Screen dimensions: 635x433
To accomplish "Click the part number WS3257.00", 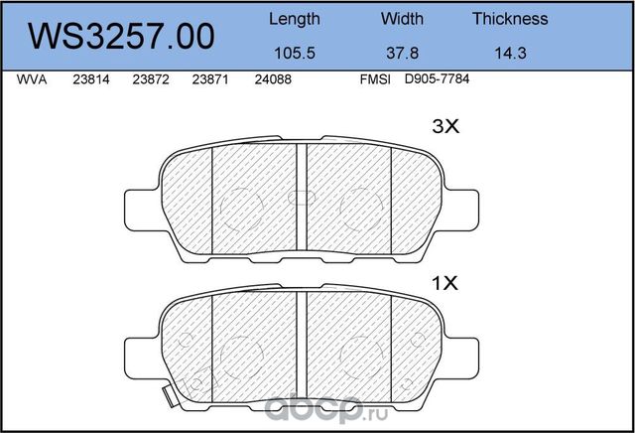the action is click(x=121, y=37).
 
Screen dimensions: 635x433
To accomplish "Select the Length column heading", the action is click(x=295, y=20).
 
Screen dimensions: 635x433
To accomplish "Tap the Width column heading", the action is click(x=402, y=19).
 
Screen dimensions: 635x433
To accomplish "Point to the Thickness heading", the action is click(x=510, y=19).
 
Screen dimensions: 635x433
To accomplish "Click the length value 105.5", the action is click(x=295, y=53).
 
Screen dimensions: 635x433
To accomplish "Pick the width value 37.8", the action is click(x=402, y=53).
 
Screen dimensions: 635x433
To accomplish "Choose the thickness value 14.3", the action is click(x=511, y=53).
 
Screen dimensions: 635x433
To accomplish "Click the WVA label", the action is click(x=32, y=79).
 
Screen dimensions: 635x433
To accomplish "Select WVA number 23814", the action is click(x=91, y=79).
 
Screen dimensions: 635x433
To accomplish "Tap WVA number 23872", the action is click(x=151, y=79).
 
